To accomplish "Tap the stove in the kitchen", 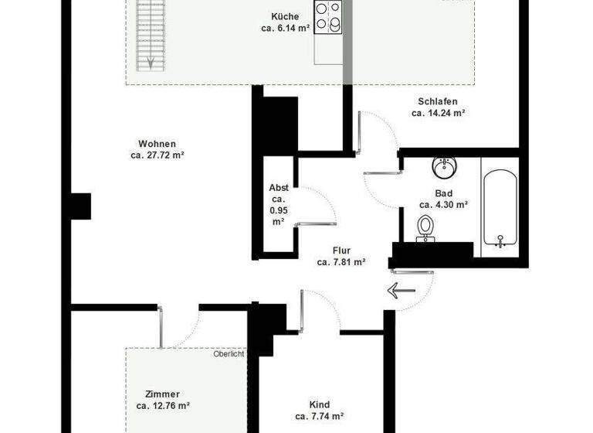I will tap(328, 17).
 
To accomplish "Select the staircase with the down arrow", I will tap(146, 35).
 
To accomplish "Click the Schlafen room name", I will tap(438, 101).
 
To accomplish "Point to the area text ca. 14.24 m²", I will tap(438, 113).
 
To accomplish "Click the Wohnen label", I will tap(157, 144).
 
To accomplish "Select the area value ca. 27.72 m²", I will tap(157, 155).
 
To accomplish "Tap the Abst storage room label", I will tap(279, 188).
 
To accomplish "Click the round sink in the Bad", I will tap(443, 166).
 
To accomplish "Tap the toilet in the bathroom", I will tap(425, 228).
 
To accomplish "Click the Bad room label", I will tap(443, 193).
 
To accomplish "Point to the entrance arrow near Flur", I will tap(402, 291).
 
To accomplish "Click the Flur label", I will tap(341, 251).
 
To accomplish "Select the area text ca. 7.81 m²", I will tap(341, 262).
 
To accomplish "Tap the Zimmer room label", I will tap(163, 394).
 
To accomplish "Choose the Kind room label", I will tap(319, 405).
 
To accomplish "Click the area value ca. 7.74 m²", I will tap(319, 417).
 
